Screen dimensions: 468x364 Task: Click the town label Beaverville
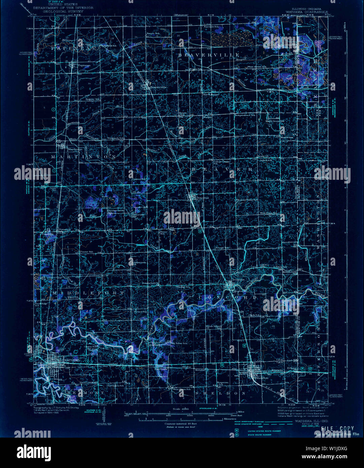click(x=159, y=87)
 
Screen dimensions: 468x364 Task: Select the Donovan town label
click(x=203, y=198)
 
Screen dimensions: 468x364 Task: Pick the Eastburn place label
click(x=161, y=369)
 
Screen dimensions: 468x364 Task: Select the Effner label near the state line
click(x=292, y=368)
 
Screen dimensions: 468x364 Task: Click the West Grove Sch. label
click(x=257, y=67)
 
